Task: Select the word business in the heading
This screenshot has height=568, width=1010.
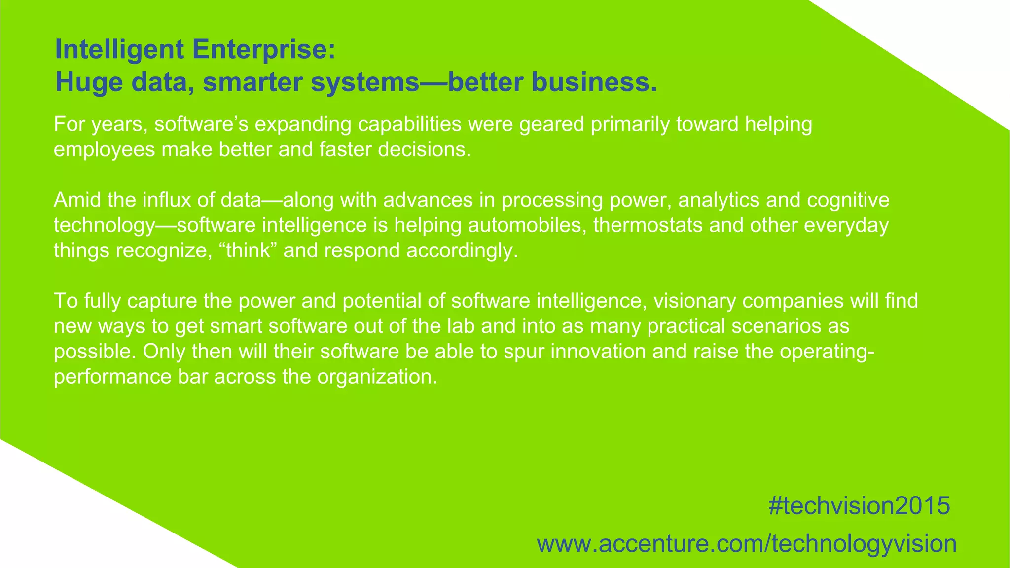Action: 590,82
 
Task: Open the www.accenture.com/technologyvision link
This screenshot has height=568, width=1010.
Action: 747,544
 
